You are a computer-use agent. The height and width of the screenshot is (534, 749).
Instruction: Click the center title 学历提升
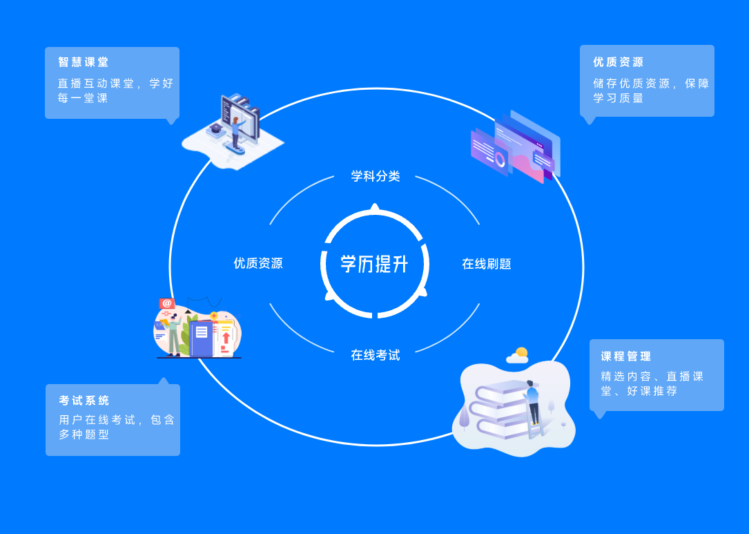pyautogui.click(x=374, y=264)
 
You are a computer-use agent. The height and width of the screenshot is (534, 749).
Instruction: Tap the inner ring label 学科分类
pyautogui.click(x=376, y=176)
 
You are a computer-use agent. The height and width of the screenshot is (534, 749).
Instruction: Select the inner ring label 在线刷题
pyautogui.click(x=486, y=264)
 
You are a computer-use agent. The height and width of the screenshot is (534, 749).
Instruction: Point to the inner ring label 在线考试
pyautogui.click(x=376, y=355)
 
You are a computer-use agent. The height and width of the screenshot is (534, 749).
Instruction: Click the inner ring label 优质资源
pyautogui.click(x=258, y=263)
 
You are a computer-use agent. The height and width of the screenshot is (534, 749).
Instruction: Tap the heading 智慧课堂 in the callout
pyautogui.click(x=84, y=62)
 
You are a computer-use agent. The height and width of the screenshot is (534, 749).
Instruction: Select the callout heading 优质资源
pyautogui.click(x=618, y=62)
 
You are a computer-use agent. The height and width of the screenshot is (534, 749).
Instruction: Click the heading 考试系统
pyautogui.click(x=84, y=401)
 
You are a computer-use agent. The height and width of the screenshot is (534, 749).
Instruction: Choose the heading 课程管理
pyautogui.click(x=625, y=356)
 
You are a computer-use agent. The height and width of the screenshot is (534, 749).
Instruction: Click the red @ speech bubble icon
pyautogui.click(x=166, y=303)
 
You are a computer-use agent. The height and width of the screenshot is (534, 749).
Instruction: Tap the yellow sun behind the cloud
pyautogui.click(x=522, y=353)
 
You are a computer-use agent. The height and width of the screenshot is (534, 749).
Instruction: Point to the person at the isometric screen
pyautogui.click(x=235, y=132)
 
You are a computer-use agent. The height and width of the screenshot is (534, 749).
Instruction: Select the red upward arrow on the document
pyautogui.click(x=226, y=338)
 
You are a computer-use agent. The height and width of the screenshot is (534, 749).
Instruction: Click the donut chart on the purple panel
pyautogui.click(x=500, y=159)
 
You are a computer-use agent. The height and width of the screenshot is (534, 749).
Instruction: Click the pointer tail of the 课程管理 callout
pyautogui.click(x=599, y=414)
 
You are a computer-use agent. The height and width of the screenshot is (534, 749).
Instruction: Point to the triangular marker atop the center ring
pyautogui.click(x=375, y=207)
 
